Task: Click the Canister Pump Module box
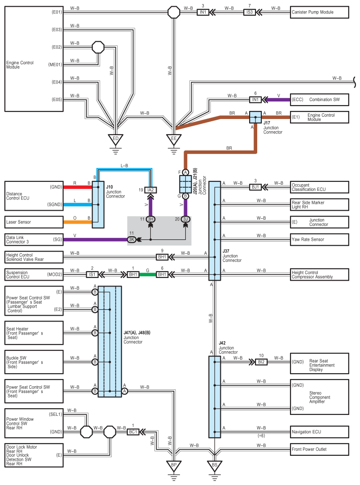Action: (x=319, y=13)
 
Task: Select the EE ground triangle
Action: (x=174, y=140)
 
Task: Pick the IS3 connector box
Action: (x=249, y=13)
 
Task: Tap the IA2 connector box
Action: (x=151, y=190)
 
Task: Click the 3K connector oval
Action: (x=132, y=239)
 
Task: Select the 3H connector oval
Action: (x=151, y=219)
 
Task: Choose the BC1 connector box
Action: (x=133, y=432)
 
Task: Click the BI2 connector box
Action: (x=261, y=362)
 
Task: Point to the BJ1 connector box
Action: (x=255, y=187)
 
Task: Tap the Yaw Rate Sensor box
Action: (x=319, y=239)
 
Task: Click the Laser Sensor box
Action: (x=34, y=222)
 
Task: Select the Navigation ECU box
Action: (x=319, y=432)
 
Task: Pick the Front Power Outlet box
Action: (x=319, y=450)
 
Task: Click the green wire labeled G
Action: (x=148, y=274)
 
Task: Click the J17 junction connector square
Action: (x=255, y=117)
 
